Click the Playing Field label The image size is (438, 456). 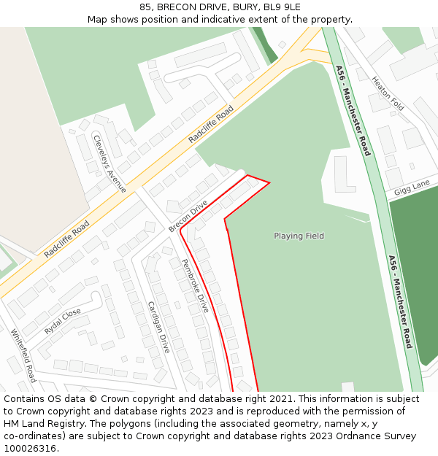(299, 236)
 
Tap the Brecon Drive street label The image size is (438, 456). (188, 217)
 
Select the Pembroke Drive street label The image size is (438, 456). (195, 286)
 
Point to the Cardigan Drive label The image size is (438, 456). (158, 327)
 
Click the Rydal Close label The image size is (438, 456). (63, 321)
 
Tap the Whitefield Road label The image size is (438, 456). (23, 355)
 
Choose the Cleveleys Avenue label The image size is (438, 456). (109, 163)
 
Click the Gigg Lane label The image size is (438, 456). (412, 188)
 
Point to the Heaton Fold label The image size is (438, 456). (388, 93)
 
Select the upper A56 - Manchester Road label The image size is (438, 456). (353, 110)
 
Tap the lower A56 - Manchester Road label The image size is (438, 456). (400, 301)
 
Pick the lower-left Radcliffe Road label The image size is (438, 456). (66, 239)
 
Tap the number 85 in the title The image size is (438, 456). (145, 7)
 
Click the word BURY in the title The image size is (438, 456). (240, 7)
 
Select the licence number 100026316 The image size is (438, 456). (29, 449)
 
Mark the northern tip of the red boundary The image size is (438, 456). (248, 175)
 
